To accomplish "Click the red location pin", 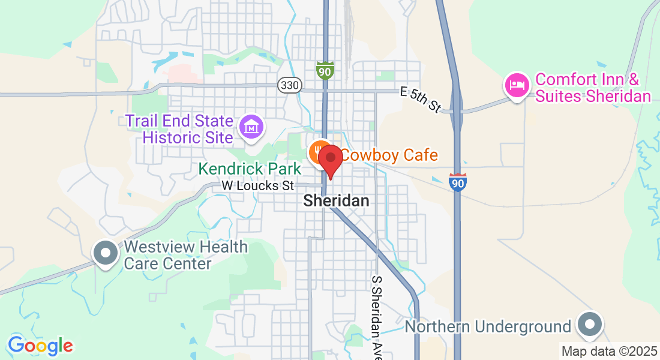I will pyautogui.click(x=330, y=160).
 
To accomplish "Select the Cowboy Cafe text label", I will pyautogui.click(x=389, y=155).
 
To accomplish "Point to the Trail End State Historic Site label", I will pyautogui.click(x=179, y=128).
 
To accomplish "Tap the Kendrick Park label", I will pyautogui.click(x=250, y=169).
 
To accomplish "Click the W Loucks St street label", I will pyautogui.click(x=258, y=186).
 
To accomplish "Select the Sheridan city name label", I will pyautogui.click(x=336, y=201).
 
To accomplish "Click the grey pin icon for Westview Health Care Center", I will pyautogui.click(x=106, y=253).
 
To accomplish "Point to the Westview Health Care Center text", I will pyautogui.click(x=185, y=255).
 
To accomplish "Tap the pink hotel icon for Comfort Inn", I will pyautogui.click(x=517, y=85).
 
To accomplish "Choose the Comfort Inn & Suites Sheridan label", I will pyautogui.click(x=593, y=88).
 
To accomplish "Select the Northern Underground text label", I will pyautogui.click(x=487, y=327).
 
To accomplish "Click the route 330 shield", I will pyautogui.click(x=289, y=85).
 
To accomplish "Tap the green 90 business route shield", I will pyautogui.click(x=325, y=70).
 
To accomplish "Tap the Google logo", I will pyautogui.click(x=40, y=346).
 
